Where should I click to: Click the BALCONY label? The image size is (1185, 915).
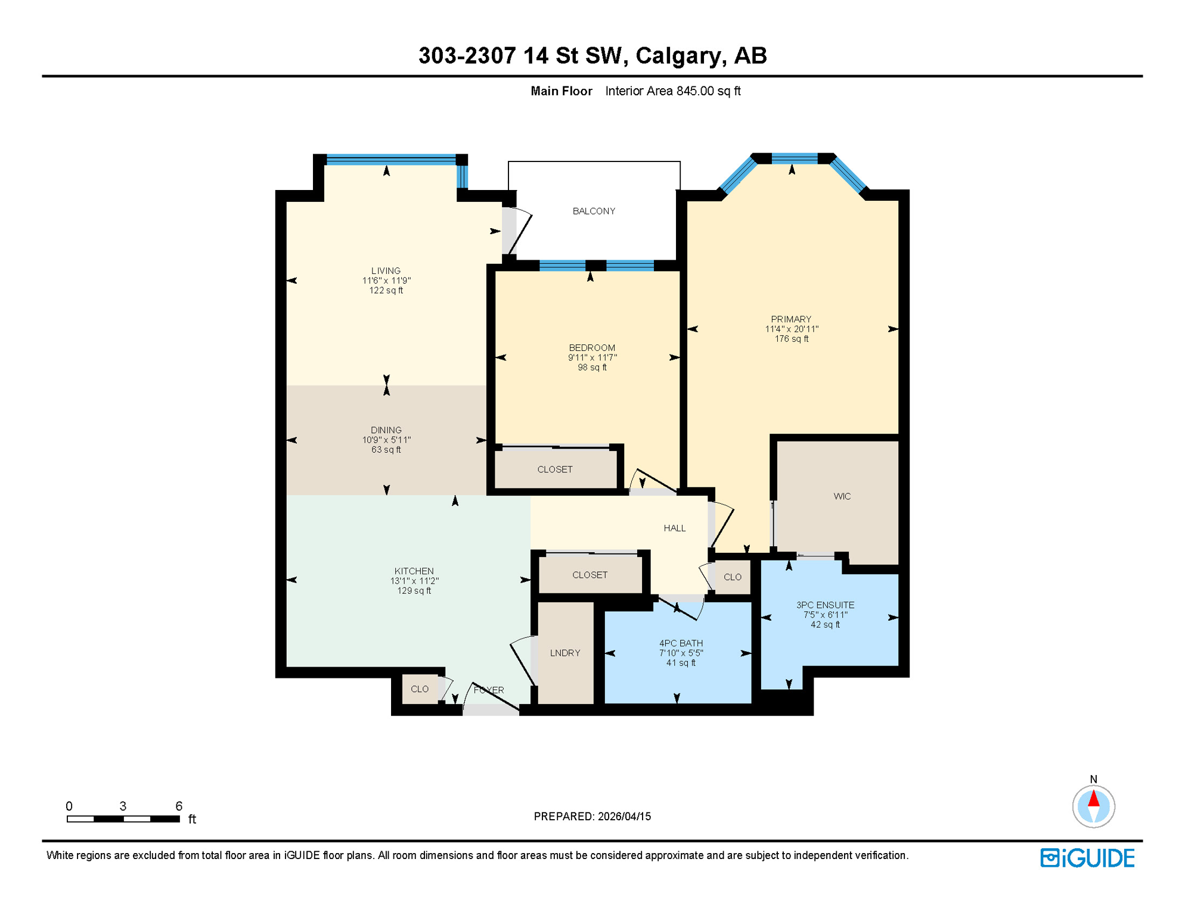[594, 211]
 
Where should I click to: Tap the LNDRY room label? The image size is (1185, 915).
[564, 653]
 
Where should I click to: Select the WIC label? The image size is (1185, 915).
[842, 496]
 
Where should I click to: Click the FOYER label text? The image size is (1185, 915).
[489, 690]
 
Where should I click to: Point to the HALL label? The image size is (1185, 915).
[674, 528]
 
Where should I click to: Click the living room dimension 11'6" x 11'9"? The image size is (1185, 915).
[386, 281]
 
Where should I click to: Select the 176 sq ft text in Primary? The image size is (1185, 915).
[791, 339]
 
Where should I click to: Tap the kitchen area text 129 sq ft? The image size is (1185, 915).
[414, 591]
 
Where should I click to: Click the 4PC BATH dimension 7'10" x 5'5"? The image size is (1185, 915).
[681, 653]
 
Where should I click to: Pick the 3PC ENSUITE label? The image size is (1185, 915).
[825, 605]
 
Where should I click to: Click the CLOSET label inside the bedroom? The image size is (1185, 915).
[554, 469]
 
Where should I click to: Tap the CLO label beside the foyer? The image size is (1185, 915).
[419, 689]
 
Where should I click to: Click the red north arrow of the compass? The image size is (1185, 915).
[1093, 798]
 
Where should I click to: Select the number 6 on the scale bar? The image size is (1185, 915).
[178, 806]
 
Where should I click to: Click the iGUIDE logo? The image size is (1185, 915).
[1087, 858]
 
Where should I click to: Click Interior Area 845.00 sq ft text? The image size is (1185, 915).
[672, 91]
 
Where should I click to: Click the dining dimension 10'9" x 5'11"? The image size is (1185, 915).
[386, 440]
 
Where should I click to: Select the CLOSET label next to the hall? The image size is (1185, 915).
[590, 575]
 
